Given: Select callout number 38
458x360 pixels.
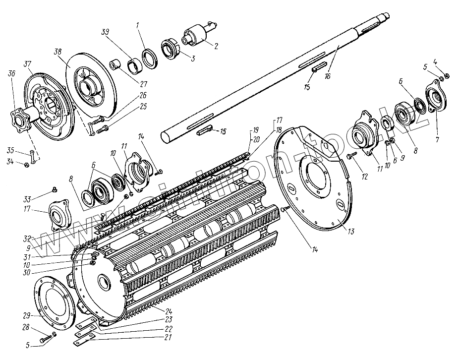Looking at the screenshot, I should click(x=58, y=51).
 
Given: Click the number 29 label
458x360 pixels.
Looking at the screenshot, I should click(x=26, y=315).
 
